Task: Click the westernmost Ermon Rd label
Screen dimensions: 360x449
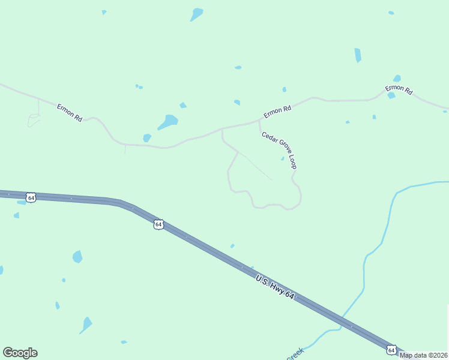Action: pos(70,113)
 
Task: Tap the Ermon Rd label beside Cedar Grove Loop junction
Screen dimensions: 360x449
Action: pos(277,112)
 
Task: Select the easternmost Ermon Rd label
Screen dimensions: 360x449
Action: pos(399,91)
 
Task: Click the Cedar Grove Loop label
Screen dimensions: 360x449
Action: pos(279,150)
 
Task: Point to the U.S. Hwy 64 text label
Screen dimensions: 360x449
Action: pos(275,287)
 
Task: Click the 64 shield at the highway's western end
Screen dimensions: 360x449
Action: pos(31,197)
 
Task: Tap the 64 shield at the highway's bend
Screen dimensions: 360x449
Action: pos(158,224)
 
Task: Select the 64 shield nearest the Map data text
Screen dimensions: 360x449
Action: pos(391,349)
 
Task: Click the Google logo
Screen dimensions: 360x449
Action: pos(20,353)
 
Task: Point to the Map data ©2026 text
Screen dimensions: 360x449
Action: pos(424,355)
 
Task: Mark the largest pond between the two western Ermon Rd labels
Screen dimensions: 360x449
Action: pos(168,122)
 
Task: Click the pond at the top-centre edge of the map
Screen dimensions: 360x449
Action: pos(196,14)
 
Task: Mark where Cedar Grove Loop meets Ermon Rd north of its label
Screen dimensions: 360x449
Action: pos(259,121)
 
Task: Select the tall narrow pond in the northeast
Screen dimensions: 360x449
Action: pos(358,55)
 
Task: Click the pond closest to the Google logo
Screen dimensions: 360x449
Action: pos(86,325)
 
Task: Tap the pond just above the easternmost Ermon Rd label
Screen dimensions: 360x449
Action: pos(397,79)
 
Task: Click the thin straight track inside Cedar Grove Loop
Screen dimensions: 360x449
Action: pos(256,167)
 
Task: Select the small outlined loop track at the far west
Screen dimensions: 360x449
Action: pos(34,120)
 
